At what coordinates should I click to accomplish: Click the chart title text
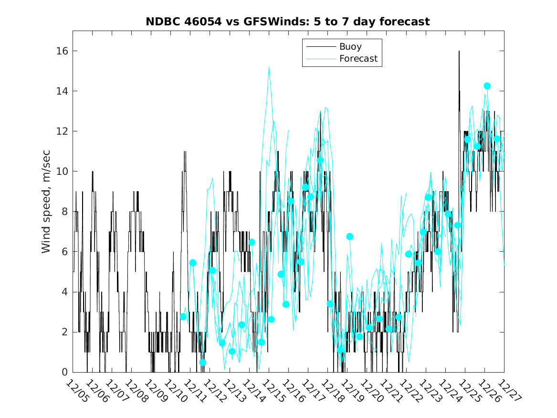(288, 21)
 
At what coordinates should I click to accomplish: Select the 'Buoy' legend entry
(350, 47)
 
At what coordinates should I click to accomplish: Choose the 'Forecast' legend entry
(358, 59)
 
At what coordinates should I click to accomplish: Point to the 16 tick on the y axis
(62, 51)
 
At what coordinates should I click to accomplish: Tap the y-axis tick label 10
(62, 171)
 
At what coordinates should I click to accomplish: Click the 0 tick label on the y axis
(65, 372)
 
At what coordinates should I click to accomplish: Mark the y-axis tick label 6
(65, 252)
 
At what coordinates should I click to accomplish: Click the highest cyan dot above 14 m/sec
(487, 86)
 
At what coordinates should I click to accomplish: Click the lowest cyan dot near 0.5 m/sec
(202, 363)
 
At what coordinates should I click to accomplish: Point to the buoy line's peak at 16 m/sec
(459, 51)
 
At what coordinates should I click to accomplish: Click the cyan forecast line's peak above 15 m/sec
(269, 67)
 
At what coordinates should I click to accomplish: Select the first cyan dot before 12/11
(183, 317)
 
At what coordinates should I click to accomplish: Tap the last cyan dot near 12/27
(497, 139)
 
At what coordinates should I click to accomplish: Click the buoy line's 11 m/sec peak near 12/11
(185, 151)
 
